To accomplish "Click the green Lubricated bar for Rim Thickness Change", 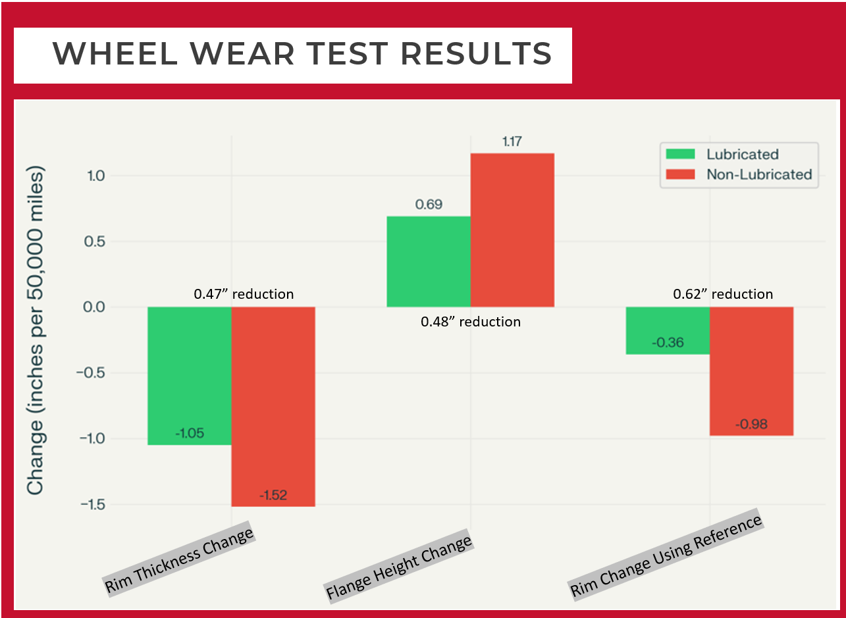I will [x=189, y=375].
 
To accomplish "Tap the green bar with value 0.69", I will [x=428, y=261].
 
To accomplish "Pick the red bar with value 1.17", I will [x=512, y=230].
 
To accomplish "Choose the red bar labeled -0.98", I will [x=751, y=371].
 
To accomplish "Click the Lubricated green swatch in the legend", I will [x=680, y=154].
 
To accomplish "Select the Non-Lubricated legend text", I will [x=758, y=174].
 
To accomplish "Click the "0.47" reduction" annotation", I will [x=244, y=294].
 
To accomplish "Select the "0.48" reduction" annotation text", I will [x=470, y=322].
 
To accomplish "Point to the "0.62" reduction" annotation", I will [x=722, y=294].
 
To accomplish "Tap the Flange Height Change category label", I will [x=399, y=568].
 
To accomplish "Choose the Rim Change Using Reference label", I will [x=666, y=556].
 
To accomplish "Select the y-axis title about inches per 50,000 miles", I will [x=36, y=329].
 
